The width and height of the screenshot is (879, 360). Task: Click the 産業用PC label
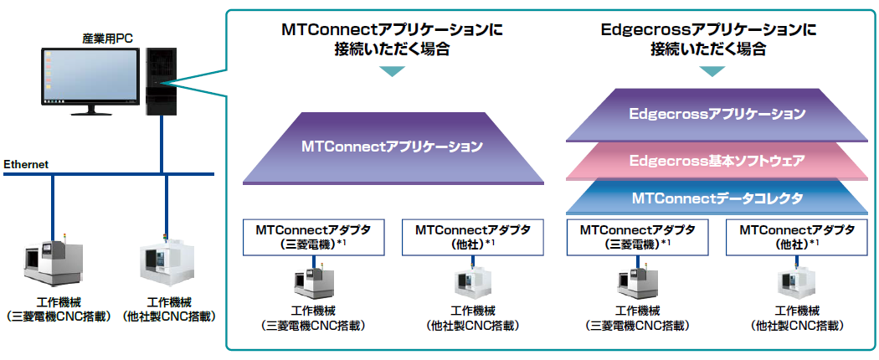(107, 38)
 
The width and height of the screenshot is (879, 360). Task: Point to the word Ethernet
(26, 164)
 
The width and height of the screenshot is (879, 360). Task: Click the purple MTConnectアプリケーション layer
(392, 147)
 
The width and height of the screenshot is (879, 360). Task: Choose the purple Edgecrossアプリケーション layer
(717, 114)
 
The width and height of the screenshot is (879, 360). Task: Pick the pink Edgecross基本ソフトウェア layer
(717, 159)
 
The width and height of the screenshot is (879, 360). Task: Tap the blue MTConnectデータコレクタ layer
(717, 198)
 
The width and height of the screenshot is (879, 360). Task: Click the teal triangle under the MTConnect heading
(392, 71)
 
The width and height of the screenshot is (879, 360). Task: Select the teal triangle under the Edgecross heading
(712, 71)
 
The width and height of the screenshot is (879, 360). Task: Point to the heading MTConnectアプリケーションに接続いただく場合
(392, 39)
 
